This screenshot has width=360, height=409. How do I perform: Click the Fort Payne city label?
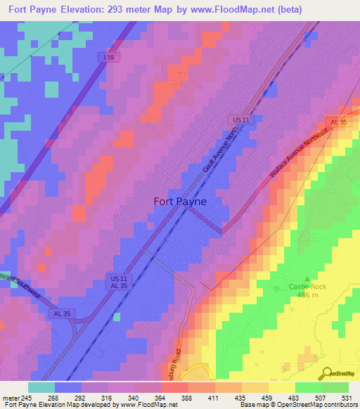(x=180, y=201)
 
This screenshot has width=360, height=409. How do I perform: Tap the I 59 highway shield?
(x=108, y=58)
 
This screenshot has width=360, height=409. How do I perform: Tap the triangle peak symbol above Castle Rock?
(x=307, y=278)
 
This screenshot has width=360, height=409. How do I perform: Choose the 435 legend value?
(x=241, y=398)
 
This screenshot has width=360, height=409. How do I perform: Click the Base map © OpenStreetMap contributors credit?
(x=298, y=405)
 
